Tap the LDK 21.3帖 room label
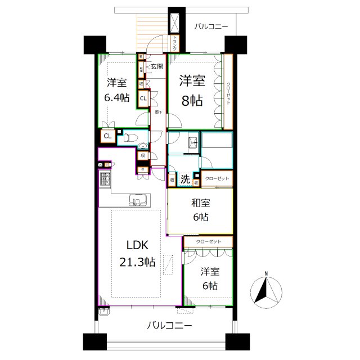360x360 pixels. [x=137, y=254]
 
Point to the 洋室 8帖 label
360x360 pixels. [x=193, y=92]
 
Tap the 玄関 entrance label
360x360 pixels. [x=156, y=67]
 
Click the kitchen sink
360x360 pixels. [x=139, y=200]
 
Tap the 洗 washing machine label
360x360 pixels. [x=184, y=180]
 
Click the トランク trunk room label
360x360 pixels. [x=175, y=43]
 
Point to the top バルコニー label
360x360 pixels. [x=211, y=26]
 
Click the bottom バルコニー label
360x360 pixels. [x=170, y=325]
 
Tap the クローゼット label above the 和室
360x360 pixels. [x=217, y=178]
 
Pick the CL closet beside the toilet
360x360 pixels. [x=106, y=136]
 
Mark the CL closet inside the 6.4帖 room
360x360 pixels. [x=143, y=99]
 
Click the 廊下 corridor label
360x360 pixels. [x=159, y=112]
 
